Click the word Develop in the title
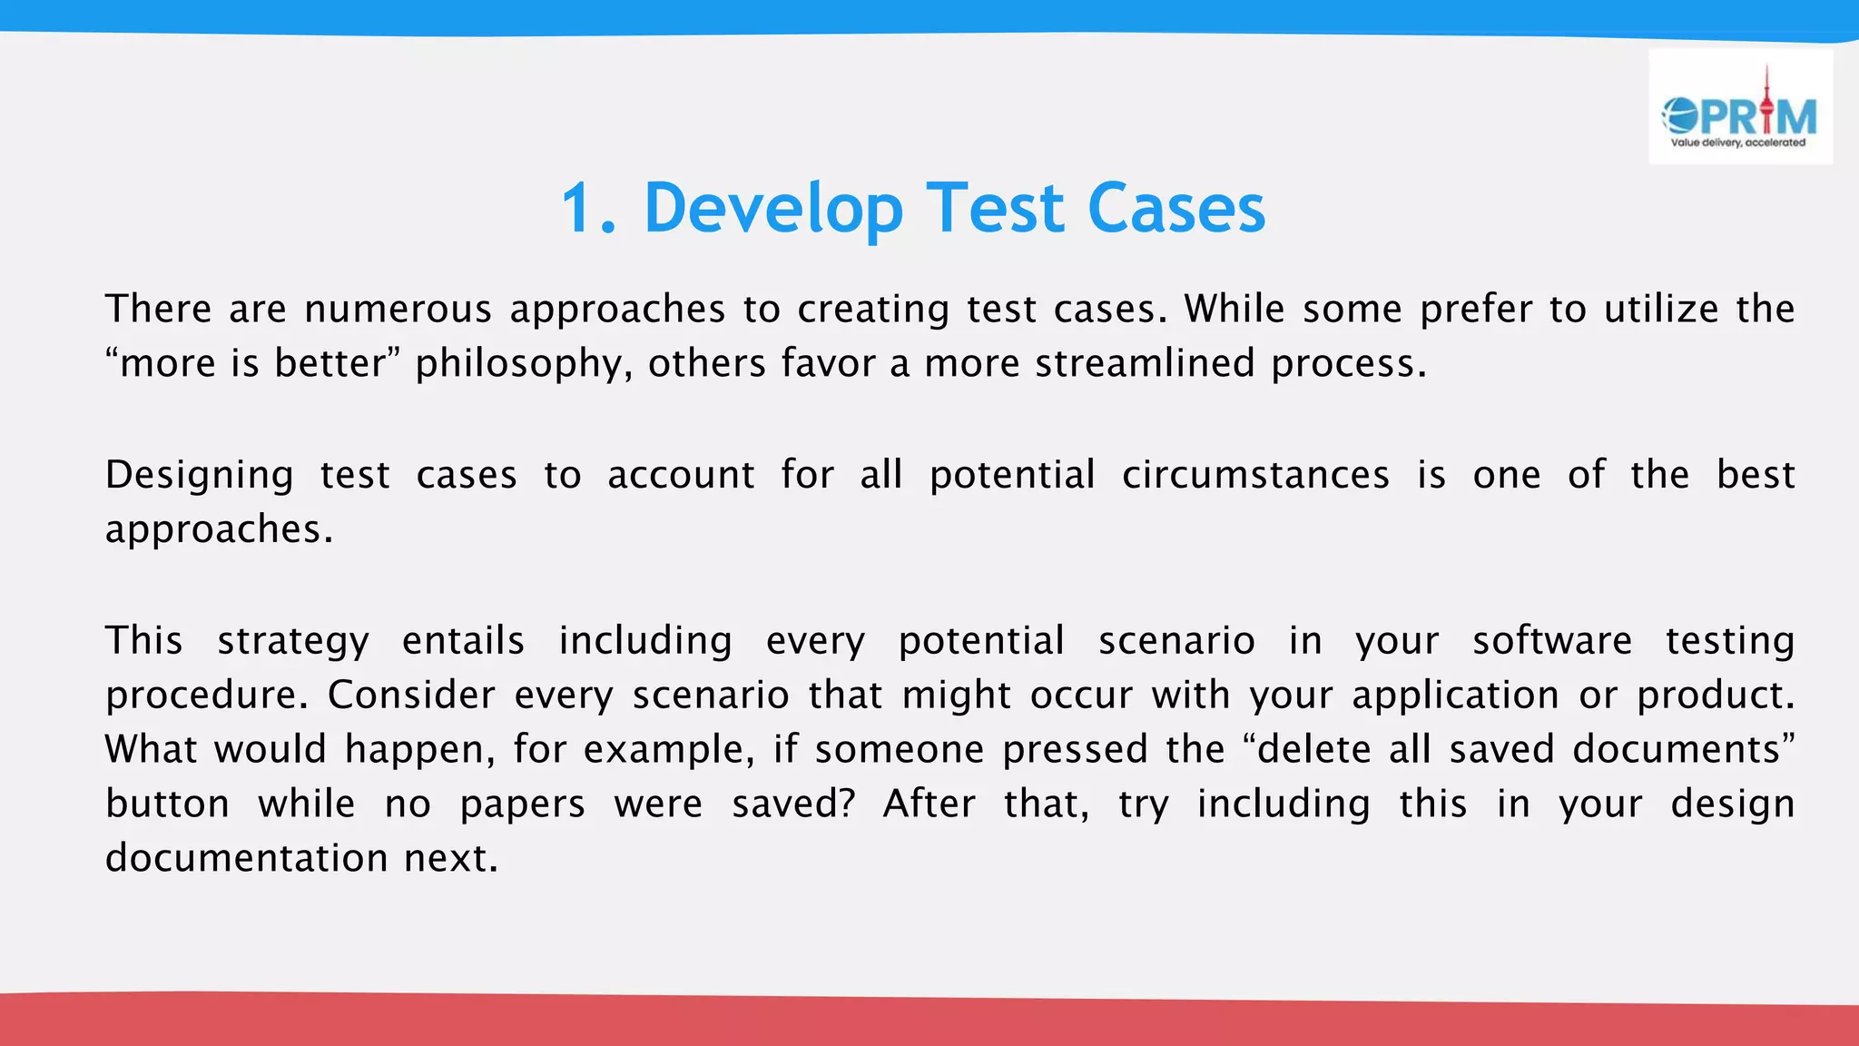click(773, 209)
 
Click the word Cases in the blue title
click(1175, 209)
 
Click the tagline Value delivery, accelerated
click(1738, 143)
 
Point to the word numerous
click(398, 310)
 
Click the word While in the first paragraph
click(1234, 310)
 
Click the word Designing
click(199, 476)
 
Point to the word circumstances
click(1255, 476)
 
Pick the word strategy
click(293, 642)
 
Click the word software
click(1552, 641)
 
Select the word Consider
click(411, 696)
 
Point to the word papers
click(523, 805)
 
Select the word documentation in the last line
click(247, 859)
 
